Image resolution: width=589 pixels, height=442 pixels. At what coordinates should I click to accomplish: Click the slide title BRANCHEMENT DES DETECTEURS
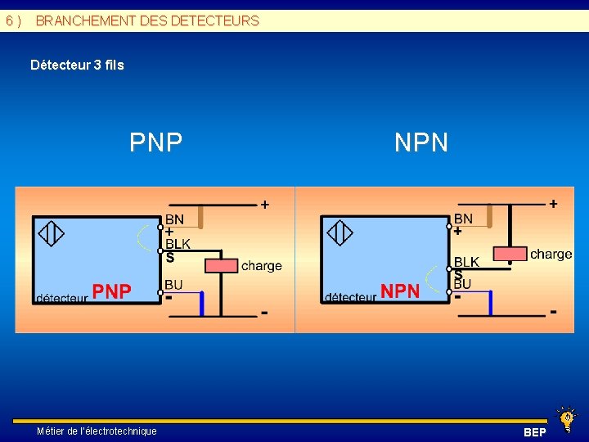(x=147, y=20)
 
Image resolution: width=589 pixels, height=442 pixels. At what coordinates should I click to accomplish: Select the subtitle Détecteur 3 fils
(x=77, y=65)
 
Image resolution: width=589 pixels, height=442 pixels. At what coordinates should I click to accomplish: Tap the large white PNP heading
(x=155, y=142)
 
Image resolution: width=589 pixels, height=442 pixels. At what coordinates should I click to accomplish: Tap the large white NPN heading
(x=420, y=142)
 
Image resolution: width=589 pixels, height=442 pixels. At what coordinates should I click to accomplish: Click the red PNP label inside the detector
(x=111, y=291)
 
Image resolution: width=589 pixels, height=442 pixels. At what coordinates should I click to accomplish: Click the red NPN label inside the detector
(x=401, y=291)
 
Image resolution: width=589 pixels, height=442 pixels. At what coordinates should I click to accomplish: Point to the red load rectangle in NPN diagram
(x=510, y=253)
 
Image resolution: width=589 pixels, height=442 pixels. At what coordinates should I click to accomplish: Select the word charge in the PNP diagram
(x=262, y=265)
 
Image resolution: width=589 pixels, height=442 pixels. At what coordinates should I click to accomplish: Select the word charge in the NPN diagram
(x=551, y=254)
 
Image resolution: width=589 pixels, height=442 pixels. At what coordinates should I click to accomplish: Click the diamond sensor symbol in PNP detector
(x=52, y=234)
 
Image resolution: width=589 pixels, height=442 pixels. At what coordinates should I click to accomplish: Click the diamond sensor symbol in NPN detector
(x=339, y=233)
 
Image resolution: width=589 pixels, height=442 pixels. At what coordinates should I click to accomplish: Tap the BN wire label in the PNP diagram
(x=174, y=219)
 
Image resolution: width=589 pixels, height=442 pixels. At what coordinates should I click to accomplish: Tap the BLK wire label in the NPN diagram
(x=466, y=262)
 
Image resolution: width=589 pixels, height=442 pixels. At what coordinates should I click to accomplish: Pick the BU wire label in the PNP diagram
(x=173, y=284)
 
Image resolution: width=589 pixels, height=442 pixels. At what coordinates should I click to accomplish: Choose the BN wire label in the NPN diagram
(x=463, y=219)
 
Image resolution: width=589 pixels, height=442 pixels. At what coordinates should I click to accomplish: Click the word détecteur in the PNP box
(x=61, y=299)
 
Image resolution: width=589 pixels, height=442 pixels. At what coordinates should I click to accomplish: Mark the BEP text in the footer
(x=535, y=431)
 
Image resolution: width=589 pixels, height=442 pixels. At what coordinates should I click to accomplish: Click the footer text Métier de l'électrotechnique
(x=97, y=431)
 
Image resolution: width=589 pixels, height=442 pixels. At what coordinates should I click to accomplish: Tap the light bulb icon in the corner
(x=565, y=418)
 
